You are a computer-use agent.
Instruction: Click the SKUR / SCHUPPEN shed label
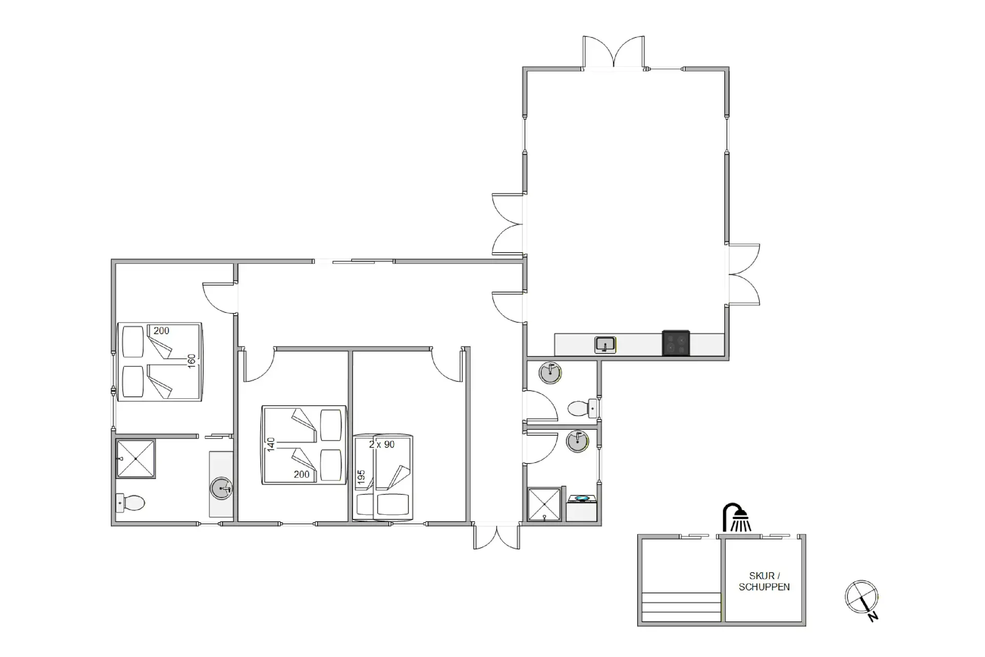pyautogui.click(x=764, y=581)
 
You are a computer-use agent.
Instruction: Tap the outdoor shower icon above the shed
pyautogui.click(x=737, y=517)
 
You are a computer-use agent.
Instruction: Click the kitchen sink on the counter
pyautogui.click(x=605, y=344)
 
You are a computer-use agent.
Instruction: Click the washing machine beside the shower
pyautogui.click(x=582, y=508)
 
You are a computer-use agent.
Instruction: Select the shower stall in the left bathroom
pyautogui.click(x=135, y=458)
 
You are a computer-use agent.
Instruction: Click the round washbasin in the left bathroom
pyautogui.click(x=222, y=488)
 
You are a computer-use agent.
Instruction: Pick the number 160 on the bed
pyautogui.click(x=191, y=361)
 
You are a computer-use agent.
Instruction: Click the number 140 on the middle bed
pyautogui.click(x=271, y=444)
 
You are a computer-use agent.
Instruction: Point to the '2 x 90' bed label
pyautogui.click(x=382, y=445)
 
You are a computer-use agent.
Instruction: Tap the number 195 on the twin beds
pyautogui.click(x=361, y=477)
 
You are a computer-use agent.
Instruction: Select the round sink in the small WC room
pyautogui.click(x=549, y=372)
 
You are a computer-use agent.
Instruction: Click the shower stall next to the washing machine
pyautogui.click(x=544, y=504)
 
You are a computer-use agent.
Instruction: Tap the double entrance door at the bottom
pyautogui.click(x=496, y=536)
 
